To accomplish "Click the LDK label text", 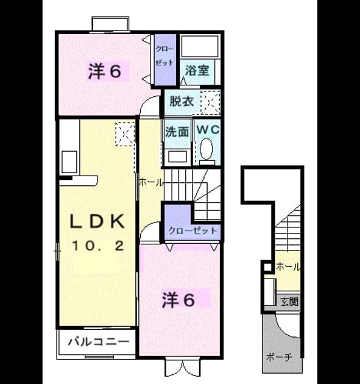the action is click(97, 221).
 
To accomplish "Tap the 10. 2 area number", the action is click(98, 246).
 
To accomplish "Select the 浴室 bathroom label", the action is click(197, 70).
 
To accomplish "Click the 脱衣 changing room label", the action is click(182, 101).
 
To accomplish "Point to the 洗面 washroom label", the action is click(177, 132).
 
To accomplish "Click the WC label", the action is click(208, 130).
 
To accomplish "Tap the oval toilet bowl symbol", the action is click(206, 149).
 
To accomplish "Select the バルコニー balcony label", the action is click(99, 341).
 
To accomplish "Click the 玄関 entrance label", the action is click(289, 302).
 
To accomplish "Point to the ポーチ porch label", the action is click(279, 357).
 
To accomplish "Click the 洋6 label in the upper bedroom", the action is click(105, 71).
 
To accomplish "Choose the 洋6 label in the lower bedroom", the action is click(178, 300).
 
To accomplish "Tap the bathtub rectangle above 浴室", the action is click(200, 46).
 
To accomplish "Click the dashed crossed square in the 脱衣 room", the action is click(210, 102).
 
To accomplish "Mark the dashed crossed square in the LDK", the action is click(125, 134).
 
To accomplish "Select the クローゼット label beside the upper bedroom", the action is click(164, 56).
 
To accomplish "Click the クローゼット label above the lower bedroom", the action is click(193, 230).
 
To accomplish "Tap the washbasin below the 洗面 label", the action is click(178, 156).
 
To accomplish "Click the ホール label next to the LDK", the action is click(150, 182).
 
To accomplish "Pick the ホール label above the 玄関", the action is click(288, 266).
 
